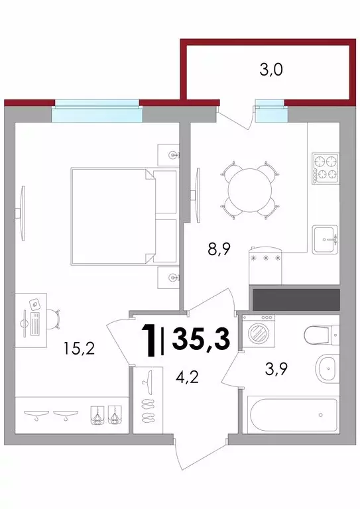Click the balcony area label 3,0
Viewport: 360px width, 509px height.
(x=271, y=70)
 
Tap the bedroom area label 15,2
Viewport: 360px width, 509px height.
(x=79, y=349)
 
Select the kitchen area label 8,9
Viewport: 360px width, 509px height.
(x=219, y=250)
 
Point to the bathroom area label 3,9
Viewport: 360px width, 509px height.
(x=276, y=369)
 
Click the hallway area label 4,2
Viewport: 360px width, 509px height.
(x=187, y=377)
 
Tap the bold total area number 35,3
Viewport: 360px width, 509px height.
(x=201, y=339)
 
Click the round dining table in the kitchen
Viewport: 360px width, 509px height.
(x=250, y=190)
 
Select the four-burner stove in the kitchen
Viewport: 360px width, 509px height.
(x=326, y=169)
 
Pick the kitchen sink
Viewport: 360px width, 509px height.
(x=326, y=239)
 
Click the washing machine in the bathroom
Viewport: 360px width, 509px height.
(x=259, y=331)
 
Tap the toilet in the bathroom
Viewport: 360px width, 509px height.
(x=322, y=334)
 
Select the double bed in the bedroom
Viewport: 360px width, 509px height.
(x=124, y=217)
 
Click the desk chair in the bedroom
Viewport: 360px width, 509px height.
(x=54, y=319)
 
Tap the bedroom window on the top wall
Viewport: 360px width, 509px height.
(x=97, y=111)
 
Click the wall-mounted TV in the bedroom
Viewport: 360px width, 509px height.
(x=21, y=213)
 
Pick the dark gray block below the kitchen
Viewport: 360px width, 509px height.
(x=296, y=300)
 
